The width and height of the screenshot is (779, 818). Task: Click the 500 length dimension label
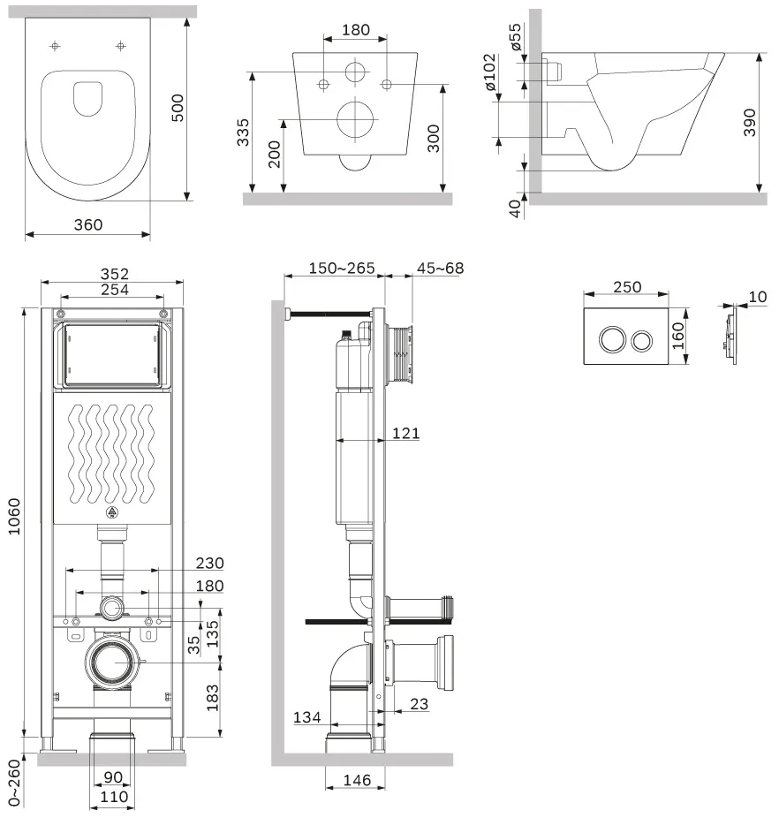point(178,108)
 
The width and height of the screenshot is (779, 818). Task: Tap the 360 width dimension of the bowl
point(88,225)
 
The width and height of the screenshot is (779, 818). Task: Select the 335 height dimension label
point(243,133)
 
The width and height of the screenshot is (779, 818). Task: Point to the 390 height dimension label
point(749,123)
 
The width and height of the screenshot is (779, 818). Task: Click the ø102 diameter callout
point(489,72)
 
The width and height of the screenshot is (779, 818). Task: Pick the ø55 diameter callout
point(515,37)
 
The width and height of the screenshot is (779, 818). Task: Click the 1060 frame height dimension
point(14,517)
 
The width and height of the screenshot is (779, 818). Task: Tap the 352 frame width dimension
point(114,274)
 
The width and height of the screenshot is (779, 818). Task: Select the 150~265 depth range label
point(342,269)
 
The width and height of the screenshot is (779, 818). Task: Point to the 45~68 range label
point(440,269)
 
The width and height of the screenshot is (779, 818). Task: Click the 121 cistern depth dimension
point(406,433)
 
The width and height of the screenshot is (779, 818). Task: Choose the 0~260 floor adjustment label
point(14,783)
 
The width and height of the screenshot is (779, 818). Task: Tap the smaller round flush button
point(641,341)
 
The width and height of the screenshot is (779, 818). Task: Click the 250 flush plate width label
point(627,287)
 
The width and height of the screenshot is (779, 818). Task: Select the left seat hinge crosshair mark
point(55,46)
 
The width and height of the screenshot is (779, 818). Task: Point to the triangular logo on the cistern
point(111,513)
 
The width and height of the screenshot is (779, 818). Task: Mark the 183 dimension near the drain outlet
point(212,698)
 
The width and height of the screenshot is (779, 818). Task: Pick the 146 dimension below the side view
point(358,780)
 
